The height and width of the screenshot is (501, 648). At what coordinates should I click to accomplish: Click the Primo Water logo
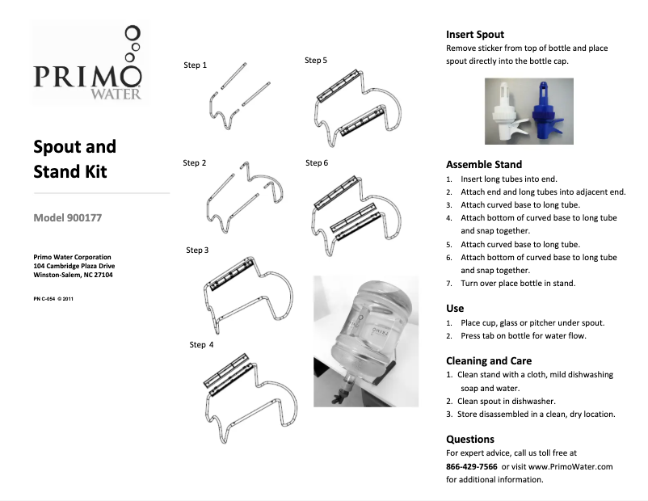point(88,65)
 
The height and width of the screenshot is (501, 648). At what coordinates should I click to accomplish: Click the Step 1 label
point(195,65)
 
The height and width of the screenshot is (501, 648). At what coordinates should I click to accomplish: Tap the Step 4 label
point(201,345)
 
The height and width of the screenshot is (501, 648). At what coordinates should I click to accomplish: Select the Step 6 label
point(317,162)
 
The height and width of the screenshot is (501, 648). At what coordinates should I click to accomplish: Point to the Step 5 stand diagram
point(354,105)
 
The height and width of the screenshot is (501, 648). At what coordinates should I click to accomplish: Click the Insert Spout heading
point(475,35)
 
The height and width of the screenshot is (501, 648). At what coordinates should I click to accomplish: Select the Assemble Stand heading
point(484,164)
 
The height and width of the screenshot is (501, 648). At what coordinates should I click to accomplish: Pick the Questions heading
point(470,439)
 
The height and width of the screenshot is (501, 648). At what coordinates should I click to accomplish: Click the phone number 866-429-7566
point(471,466)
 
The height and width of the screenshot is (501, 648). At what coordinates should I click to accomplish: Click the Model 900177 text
point(68,218)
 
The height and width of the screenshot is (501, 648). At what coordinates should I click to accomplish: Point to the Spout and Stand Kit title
point(74,159)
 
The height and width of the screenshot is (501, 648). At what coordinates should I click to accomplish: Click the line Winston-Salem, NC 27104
point(73,275)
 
